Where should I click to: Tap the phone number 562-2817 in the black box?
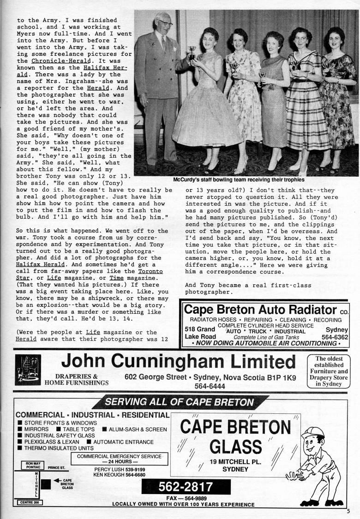point(186,487)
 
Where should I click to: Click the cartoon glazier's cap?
point(312,433)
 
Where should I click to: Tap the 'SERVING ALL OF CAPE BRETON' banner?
point(180,402)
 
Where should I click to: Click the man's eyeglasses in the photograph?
point(165,22)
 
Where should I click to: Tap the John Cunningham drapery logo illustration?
point(28,370)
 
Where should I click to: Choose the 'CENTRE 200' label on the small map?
point(30,502)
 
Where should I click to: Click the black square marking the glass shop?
point(46,484)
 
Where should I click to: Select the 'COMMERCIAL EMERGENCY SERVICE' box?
point(119,459)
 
